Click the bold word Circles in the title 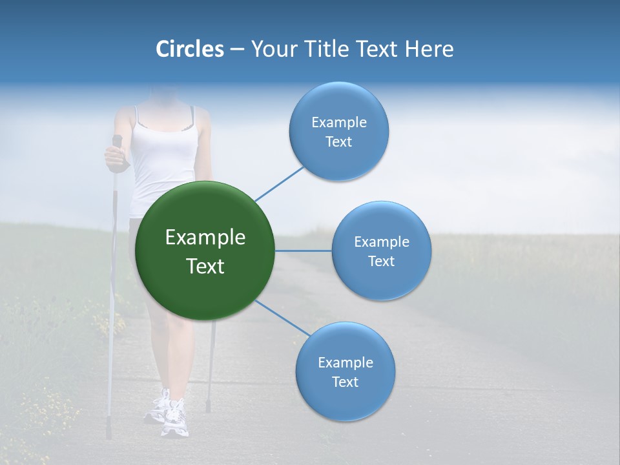[189, 49]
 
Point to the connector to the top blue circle [279, 183]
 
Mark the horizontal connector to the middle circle [304, 251]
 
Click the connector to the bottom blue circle [283, 318]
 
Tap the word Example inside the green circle [205, 238]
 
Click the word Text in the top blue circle [338, 142]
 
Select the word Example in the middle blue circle [381, 242]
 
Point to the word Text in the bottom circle [345, 382]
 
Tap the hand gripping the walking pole [116, 156]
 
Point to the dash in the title [237, 49]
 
